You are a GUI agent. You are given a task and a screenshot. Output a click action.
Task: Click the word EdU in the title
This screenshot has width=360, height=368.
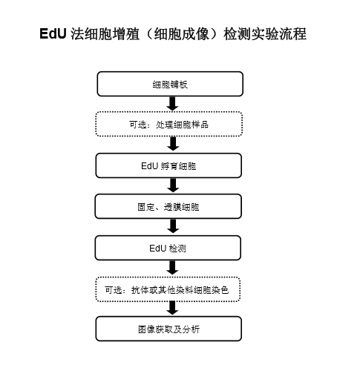point(53,33)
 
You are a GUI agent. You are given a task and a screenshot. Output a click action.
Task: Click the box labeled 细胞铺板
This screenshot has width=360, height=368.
point(170,84)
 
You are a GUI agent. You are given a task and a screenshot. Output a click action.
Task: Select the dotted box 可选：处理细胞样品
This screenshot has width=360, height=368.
point(169,124)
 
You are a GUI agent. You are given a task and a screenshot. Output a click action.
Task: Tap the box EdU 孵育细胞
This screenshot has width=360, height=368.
point(168,165)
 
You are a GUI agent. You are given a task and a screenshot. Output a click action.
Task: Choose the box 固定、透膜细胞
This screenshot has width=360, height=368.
point(168,206)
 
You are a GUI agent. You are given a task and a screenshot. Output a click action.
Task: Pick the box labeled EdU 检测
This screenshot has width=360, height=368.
point(168,248)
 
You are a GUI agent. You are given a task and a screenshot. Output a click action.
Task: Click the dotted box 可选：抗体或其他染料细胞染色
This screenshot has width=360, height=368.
point(168,289)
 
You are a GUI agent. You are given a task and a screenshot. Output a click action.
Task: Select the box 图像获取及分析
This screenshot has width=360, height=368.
point(168,329)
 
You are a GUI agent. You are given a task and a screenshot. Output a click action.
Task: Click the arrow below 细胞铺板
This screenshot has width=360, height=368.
point(172,104)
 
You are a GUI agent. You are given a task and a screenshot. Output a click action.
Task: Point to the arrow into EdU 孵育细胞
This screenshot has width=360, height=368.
point(173,143)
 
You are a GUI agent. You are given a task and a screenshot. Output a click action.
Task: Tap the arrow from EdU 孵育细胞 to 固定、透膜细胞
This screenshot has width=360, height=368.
point(173,185)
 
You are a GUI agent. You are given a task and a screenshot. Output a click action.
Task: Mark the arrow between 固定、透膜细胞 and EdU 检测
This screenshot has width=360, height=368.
point(173,226)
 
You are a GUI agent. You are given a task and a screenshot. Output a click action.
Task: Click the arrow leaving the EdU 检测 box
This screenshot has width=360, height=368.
point(173,268)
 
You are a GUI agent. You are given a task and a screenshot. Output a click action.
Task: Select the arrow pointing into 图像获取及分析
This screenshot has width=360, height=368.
point(173,308)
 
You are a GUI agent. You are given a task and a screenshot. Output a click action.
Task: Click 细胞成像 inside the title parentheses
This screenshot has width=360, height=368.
point(182,34)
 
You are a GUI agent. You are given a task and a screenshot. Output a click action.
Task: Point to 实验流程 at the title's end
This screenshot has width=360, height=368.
point(279,34)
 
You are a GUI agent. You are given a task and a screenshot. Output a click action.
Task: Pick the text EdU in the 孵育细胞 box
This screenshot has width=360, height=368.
point(149,166)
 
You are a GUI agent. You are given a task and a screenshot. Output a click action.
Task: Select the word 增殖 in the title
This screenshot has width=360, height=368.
point(126,34)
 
